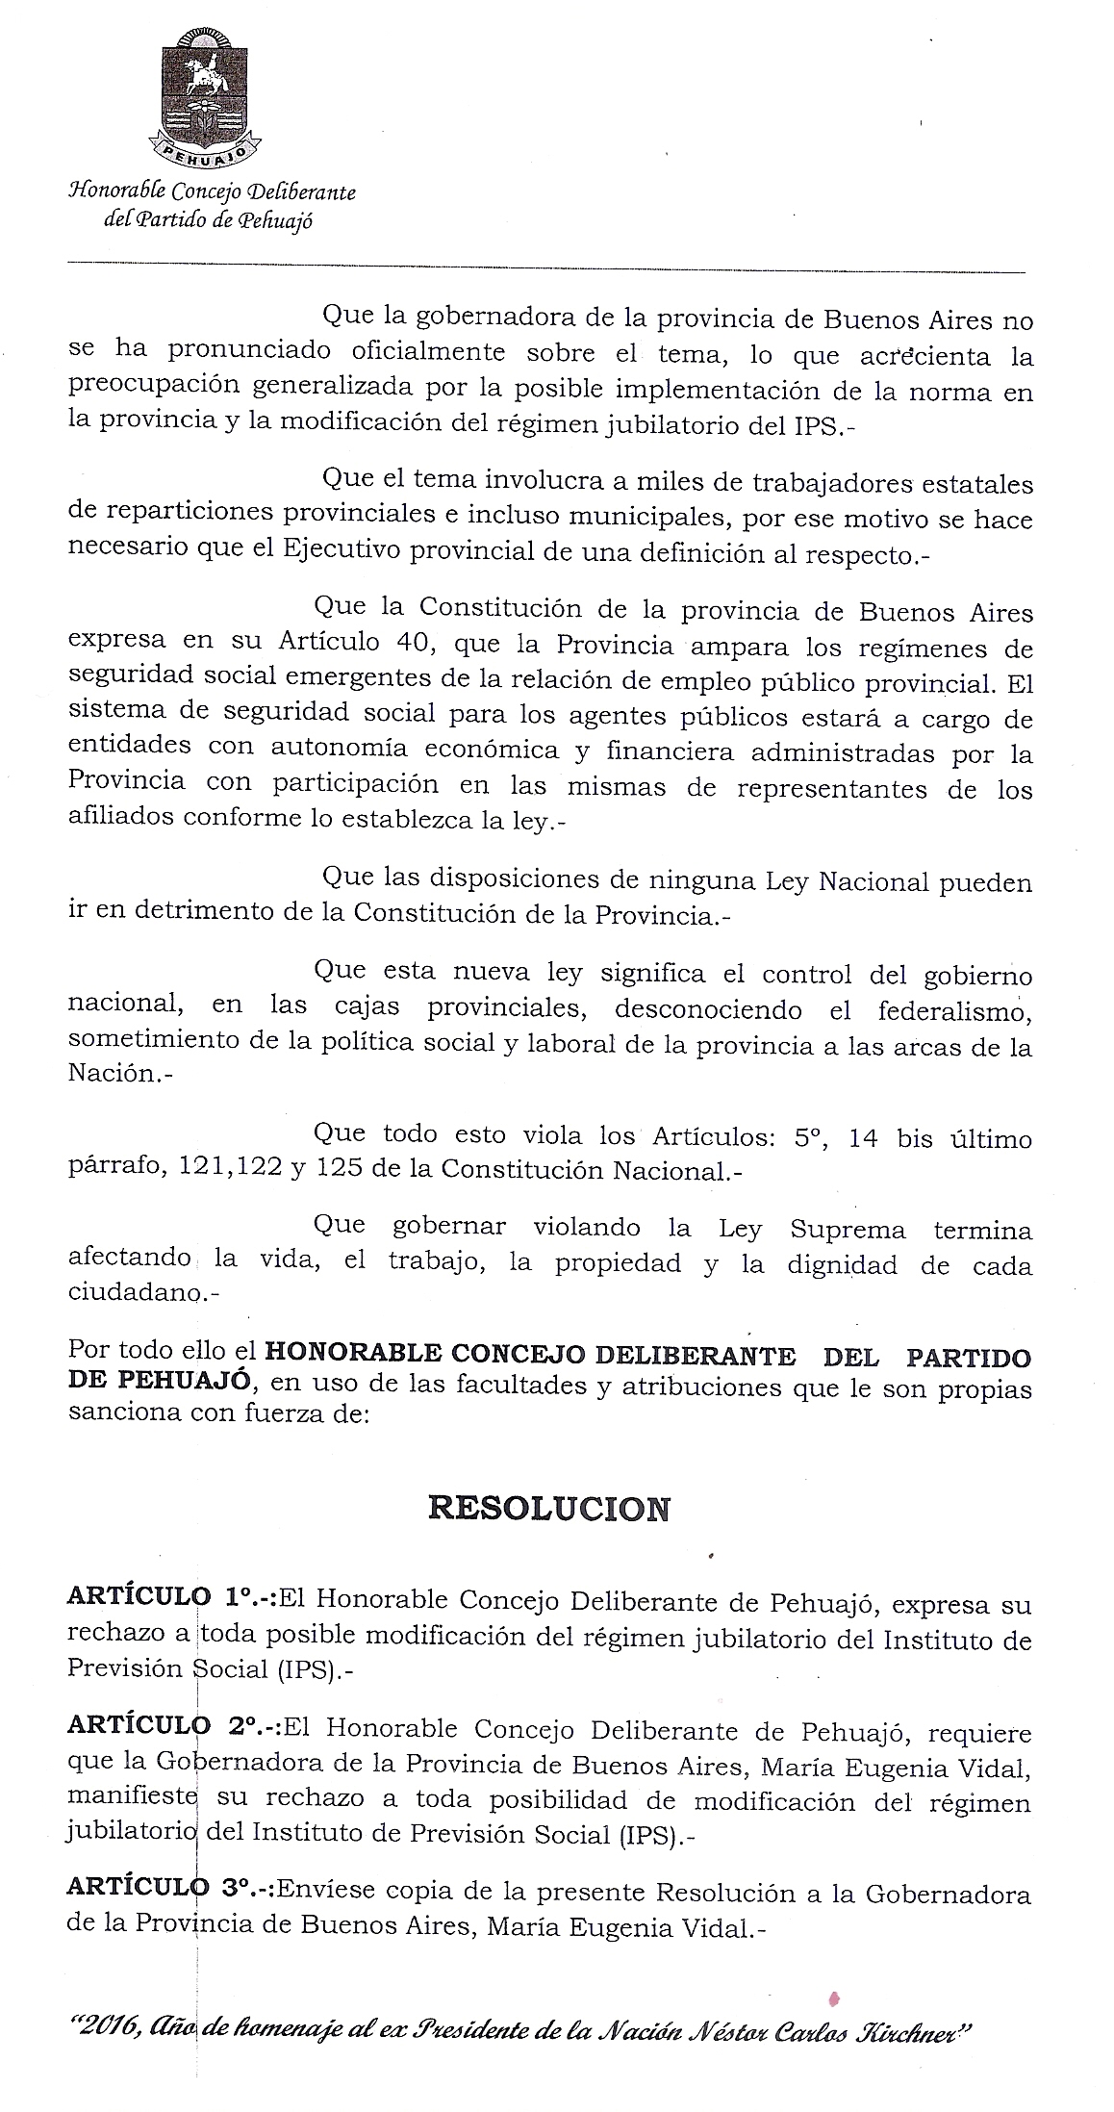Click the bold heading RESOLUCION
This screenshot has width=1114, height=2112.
point(548,1508)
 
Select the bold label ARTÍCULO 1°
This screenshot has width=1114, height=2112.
point(166,1604)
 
